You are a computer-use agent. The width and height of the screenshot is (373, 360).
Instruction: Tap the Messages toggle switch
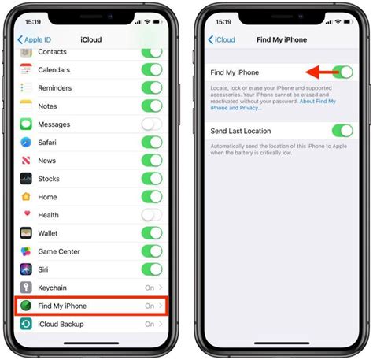151,124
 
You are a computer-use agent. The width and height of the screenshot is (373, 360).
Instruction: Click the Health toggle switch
151,214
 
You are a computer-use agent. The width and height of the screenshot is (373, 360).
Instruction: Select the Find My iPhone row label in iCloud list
62,306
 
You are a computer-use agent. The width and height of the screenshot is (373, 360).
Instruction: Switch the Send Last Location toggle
342,130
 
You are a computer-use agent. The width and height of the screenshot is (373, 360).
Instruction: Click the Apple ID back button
35,39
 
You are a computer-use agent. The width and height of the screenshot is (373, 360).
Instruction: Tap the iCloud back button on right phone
222,39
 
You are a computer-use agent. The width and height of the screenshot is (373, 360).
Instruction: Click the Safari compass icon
26,143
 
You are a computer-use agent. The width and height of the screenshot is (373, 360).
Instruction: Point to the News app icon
26,161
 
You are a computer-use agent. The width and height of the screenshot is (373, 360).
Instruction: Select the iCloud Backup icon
26,324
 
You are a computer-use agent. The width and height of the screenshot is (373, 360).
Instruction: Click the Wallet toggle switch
151,233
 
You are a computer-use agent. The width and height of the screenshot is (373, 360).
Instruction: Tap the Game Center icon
26,251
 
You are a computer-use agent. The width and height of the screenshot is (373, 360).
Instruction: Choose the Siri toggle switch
151,269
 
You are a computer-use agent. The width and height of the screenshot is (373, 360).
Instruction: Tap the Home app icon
26,197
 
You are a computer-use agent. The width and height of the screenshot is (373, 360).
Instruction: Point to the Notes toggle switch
151,106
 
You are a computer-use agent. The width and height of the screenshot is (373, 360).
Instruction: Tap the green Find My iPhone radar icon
26,306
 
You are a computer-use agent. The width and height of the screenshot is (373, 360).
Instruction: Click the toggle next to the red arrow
342,72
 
